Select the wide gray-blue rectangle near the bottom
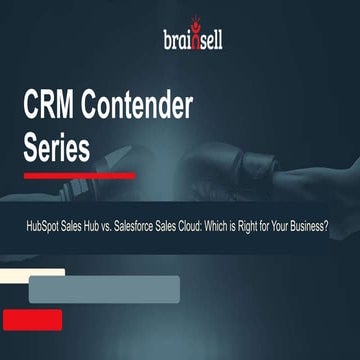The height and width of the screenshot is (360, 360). (x=104, y=288)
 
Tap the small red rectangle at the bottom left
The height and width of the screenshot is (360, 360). (x=31, y=319)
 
